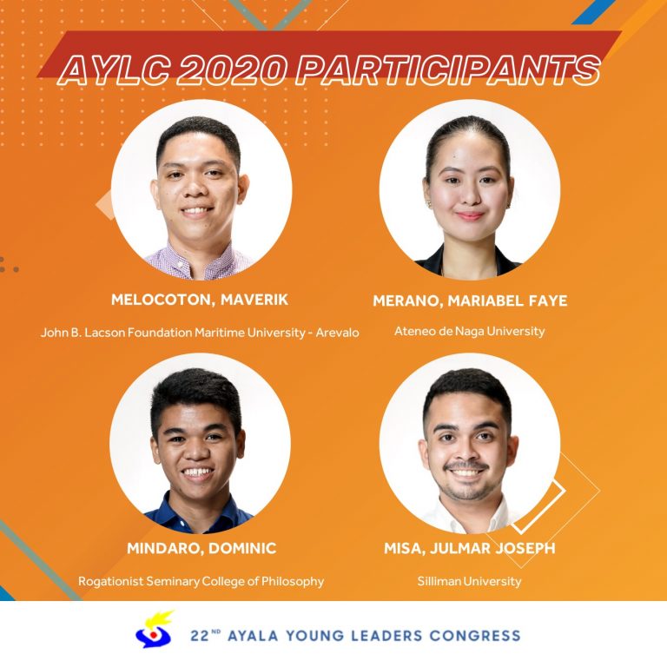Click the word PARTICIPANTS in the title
pos(447,69)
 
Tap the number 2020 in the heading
pos(230,69)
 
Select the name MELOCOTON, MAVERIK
pos(200,300)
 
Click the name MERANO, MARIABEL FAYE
pos(470,300)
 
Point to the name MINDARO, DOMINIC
pos(201,548)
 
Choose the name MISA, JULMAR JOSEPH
pos(470,548)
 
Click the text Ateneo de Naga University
pos(470,331)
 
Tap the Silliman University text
pos(469,581)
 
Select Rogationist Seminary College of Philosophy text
pos(201,582)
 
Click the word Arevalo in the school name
pos(337,333)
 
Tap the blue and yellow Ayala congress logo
pos(154,630)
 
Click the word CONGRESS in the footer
pos(475,636)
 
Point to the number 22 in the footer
pos(199,636)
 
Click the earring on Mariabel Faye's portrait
pos(428,205)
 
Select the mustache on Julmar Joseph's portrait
pos(466,466)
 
